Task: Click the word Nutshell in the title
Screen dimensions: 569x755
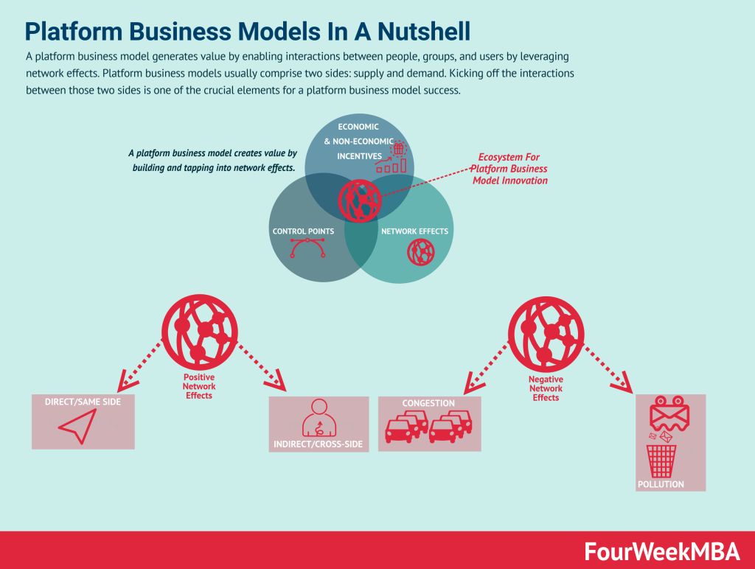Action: pyautogui.click(x=420, y=31)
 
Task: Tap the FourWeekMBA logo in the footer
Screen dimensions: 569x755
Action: pyautogui.click(x=664, y=551)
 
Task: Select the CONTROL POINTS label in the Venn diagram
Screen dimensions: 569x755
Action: pyautogui.click(x=303, y=231)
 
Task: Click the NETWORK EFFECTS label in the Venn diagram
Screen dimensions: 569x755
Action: pyautogui.click(x=414, y=231)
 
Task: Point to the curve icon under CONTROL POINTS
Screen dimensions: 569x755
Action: pyautogui.click(x=304, y=249)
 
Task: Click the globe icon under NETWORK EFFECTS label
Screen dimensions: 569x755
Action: pyautogui.click(x=420, y=253)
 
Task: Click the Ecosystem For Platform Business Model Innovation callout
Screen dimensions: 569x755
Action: pyautogui.click(x=509, y=169)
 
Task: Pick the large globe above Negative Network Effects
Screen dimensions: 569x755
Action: pyautogui.click(x=546, y=329)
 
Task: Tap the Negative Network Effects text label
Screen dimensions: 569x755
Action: pyautogui.click(x=546, y=388)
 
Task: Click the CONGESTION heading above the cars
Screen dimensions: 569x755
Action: pyautogui.click(x=428, y=403)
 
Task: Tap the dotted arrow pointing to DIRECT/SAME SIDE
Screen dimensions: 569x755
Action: pyautogui.click(x=142, y=364)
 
